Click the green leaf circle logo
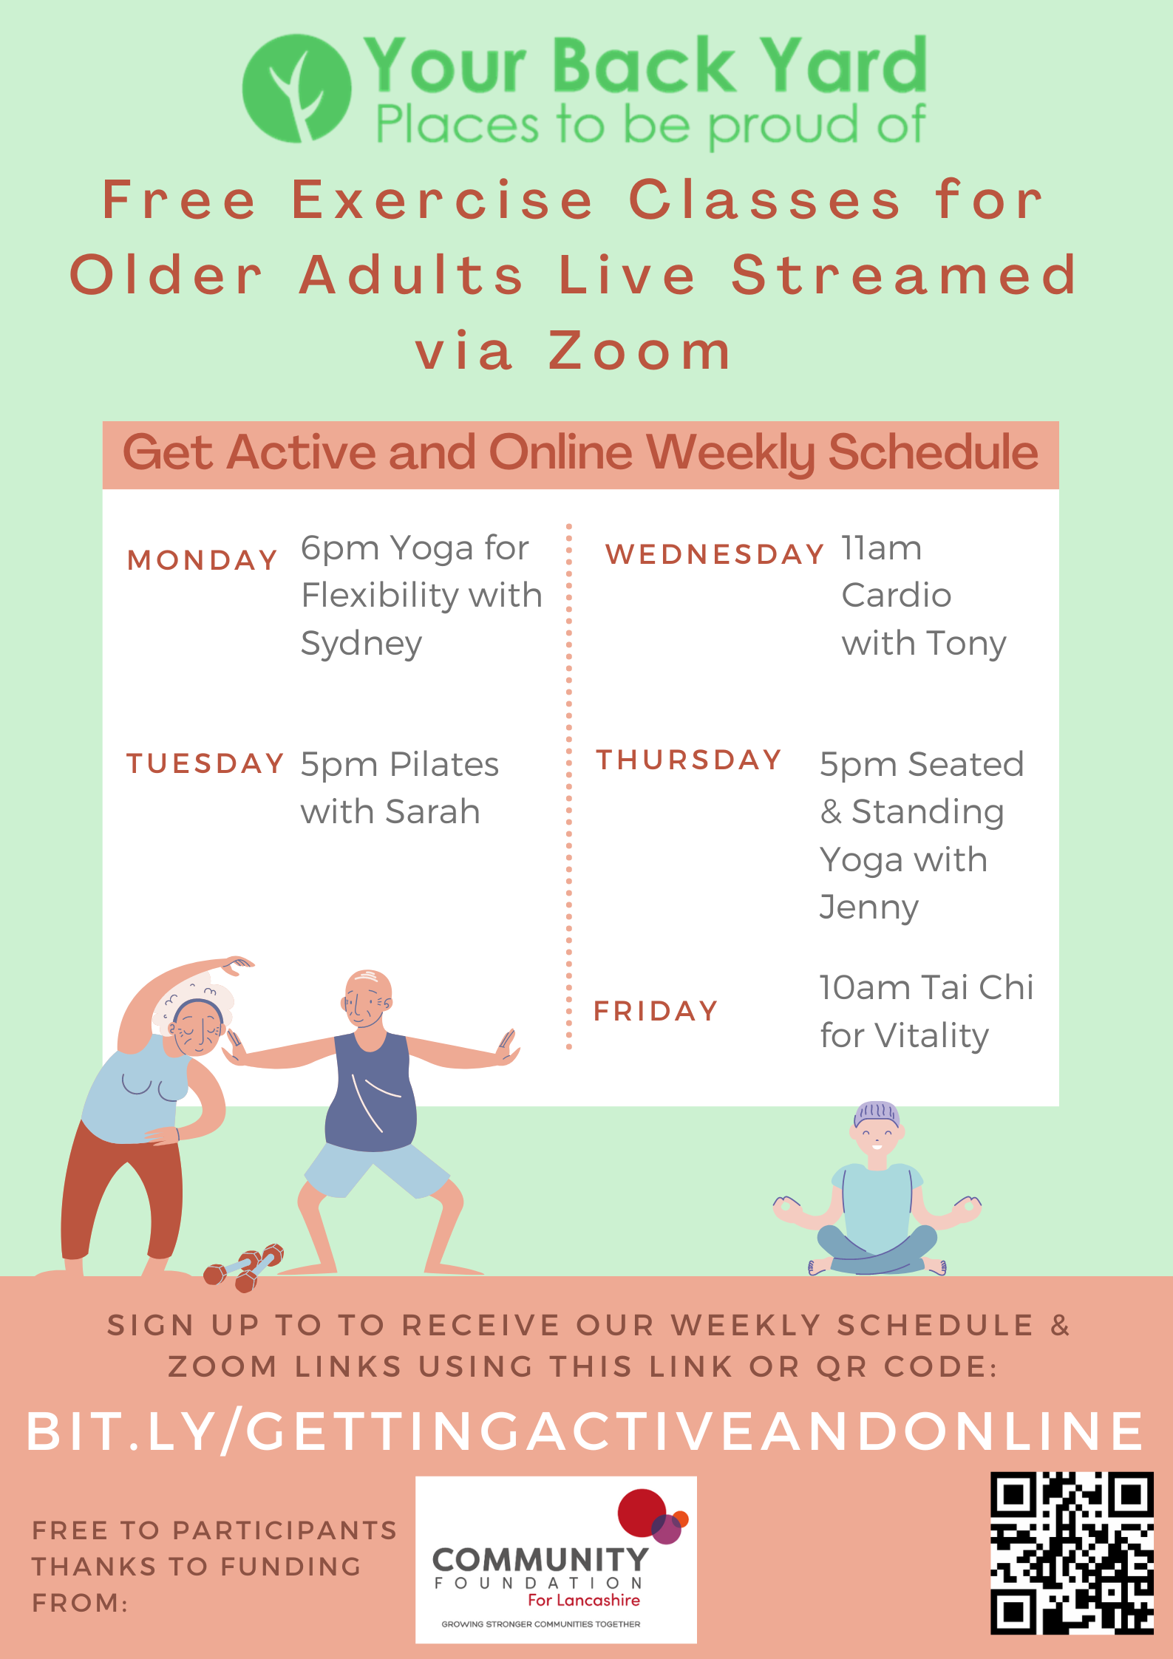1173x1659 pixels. click(296, 89)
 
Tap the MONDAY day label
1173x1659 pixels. click(203, 560)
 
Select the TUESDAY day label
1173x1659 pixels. click(205, 763)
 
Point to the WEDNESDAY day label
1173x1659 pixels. click(714, 554)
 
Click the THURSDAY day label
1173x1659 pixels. click(689, 760)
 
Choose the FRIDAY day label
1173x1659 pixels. click(656, 1011)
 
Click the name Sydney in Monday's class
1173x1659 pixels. click(361, 644)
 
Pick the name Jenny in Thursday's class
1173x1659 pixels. click(869, 907)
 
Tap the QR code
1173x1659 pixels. click(1072, 1553)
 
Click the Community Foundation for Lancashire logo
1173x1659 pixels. click(556, 1559)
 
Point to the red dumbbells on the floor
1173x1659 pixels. click(245, 1267)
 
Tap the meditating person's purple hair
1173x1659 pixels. click(877, 1111)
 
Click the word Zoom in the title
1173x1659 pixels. click(640, 350)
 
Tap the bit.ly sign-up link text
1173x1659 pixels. click(585, 1431)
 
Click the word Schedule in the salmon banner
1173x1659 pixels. click(933, 452)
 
